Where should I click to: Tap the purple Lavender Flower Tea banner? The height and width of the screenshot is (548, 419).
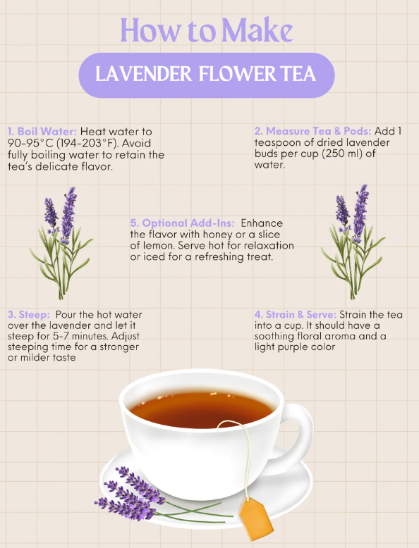(x=206, y=75)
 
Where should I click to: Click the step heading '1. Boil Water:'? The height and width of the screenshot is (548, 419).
(x=42, y=132)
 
